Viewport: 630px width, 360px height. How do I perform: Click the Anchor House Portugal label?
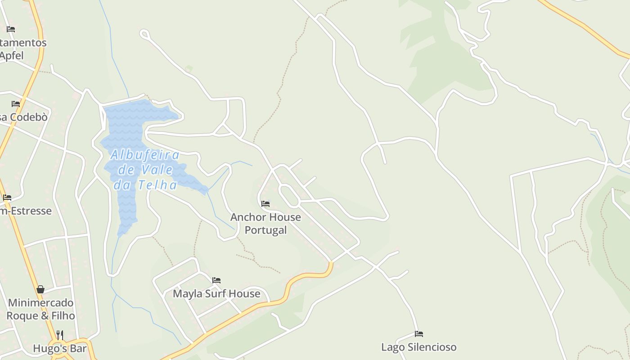coord(265,223)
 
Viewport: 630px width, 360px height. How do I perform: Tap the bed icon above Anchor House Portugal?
coord(265,204)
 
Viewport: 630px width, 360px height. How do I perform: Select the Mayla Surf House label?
coord(216,294)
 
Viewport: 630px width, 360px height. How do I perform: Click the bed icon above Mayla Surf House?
coord(216,280)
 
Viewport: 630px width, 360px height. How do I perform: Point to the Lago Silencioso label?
coord(418,347)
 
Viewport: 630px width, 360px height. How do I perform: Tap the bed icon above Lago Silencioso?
coord(419,334)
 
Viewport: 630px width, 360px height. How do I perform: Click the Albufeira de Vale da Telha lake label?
coord(145,170)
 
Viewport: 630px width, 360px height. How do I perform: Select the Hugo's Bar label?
coord(59,349)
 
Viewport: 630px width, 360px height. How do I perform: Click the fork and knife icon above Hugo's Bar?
coord(59,335)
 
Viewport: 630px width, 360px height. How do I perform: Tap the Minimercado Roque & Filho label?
coord(40,309)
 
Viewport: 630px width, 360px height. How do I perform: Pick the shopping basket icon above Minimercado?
coord(40,289)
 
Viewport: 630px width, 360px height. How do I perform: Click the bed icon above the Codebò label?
coord(16,104)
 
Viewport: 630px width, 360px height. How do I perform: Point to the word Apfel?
coord(12,56)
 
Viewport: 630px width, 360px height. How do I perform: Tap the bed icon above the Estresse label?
coord(7,198)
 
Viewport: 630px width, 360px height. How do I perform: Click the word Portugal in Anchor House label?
coord(265,230)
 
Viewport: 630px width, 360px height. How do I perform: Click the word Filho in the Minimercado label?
coord(63,315)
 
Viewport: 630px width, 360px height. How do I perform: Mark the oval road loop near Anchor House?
coord(289,196)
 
